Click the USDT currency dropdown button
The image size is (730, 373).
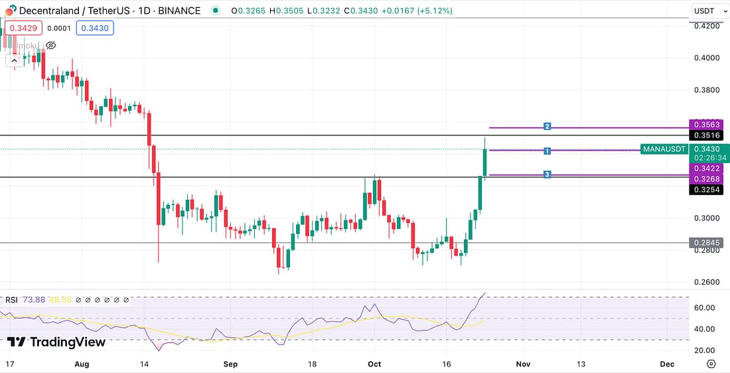click(x=708, y=11)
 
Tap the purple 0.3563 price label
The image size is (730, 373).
click(x=707, y=125)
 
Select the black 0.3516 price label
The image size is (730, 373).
click(x=707, y=135)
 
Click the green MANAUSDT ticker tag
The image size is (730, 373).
click(x=664, y=149)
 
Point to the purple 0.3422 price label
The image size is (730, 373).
click(x=707, y=169)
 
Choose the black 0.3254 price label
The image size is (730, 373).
click(x=707, y=190)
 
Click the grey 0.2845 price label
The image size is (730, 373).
click(x=707, y=243)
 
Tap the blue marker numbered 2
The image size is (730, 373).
click(x=547, y=126)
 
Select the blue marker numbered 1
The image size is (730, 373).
click(x=547, y=151)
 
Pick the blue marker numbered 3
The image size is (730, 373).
click(x=547, y=175)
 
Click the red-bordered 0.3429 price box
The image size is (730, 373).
click(x=24, y=28)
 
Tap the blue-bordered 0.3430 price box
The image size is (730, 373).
click(x=95, y=28)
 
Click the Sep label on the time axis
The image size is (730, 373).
click(x=230, y=364)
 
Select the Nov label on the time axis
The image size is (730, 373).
click(x=524, y=364)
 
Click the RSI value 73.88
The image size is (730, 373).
click(x=34, y=300)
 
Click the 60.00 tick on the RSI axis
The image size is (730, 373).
click(x=703, y=308)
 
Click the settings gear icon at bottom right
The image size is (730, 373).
click(x=711, y=364)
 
